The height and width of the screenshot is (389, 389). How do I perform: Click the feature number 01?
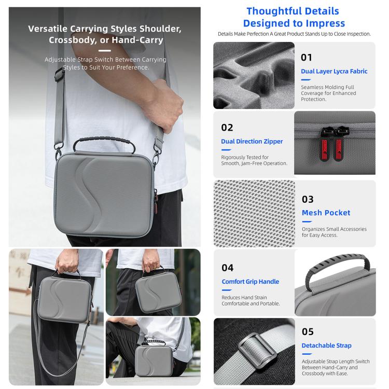pos(306,58)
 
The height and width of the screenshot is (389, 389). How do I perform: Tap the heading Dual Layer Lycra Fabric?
pos(334,71)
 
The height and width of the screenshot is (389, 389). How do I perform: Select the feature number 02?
pos(227,128)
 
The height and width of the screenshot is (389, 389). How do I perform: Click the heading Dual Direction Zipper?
pos(252,142)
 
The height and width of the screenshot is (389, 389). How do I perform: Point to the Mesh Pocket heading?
pos(326,213)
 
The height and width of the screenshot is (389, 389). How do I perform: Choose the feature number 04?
pos(228,268)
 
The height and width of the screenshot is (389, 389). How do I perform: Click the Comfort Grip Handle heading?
pos(251,282)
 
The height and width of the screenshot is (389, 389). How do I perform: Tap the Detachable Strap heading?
pos(326,345)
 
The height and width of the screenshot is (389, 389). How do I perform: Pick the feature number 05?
pos(308,332)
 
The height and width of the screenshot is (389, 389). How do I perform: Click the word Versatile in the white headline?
pos(48,29)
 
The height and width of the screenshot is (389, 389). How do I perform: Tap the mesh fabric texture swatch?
pos(254,213)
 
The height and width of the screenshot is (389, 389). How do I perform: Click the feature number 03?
pos(308,199)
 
